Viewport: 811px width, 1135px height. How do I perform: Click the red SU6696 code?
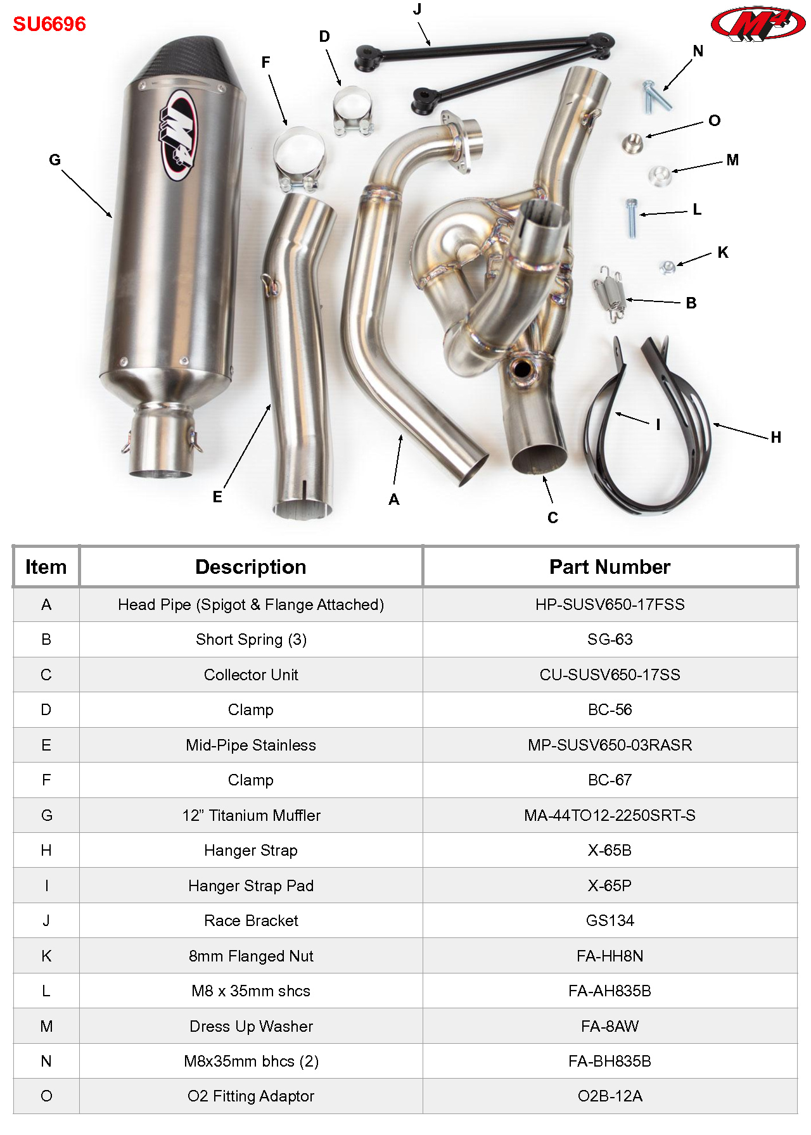49,24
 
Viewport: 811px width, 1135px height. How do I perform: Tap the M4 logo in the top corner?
758,24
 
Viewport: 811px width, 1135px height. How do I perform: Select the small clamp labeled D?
352,112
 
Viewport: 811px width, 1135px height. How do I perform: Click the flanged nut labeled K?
667,267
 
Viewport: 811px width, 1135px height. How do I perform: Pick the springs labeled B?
610,293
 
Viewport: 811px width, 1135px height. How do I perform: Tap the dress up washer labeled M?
660,175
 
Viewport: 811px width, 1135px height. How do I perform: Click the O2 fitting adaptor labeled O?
631,143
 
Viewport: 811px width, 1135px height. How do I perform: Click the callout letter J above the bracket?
417,10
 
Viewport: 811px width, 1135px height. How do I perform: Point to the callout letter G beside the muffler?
55,160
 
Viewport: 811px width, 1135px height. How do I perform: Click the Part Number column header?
610,567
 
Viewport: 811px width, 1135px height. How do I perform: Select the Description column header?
250,567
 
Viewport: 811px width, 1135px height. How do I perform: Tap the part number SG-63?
610,640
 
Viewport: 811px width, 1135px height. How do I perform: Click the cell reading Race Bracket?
251,921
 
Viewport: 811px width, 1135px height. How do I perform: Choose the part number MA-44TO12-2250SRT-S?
610,816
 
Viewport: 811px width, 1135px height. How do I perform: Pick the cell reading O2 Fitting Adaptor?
251,1096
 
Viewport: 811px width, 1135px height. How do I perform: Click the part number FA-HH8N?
610,956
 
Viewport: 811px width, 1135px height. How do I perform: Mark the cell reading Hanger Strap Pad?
251,886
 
